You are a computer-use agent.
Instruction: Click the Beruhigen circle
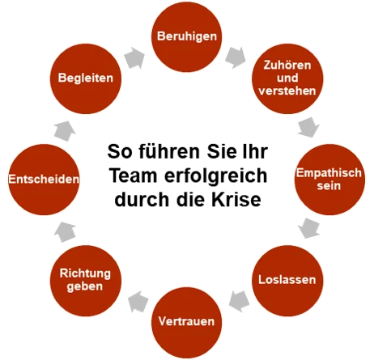pos(187,38)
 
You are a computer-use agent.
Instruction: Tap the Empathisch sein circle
pos(323,178)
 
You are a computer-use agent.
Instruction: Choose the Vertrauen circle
pos(186,321)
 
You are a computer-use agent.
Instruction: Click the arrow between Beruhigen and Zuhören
pos(236,57)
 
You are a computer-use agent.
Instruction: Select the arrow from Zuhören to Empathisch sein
pos(306,127)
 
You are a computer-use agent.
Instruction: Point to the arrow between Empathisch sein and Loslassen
pos(308,231)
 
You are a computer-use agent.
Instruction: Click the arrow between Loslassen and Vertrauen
pos(236,303)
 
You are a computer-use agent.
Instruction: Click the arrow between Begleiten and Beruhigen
pos(136,57)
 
